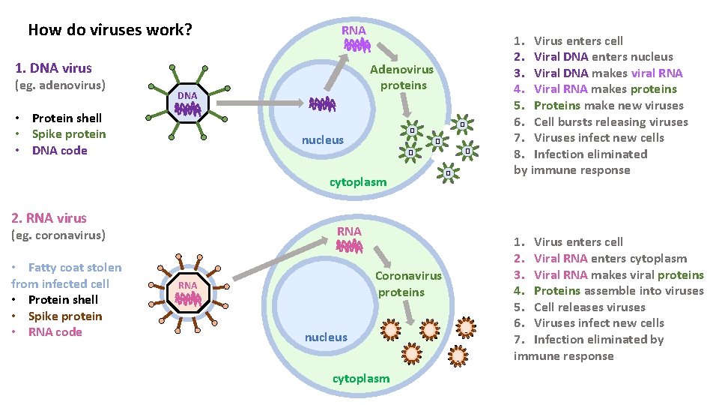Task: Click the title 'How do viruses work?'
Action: coord(110,31)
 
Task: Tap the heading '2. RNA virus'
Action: coord(49,218)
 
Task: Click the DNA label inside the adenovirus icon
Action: coord(187,95)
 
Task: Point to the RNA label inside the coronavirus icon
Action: coord(187,285)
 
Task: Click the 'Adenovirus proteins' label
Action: coord(402,77)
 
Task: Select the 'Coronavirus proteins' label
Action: coord(408,283)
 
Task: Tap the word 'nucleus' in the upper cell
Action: coord(322,140)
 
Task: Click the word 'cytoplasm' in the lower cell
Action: coord(360,379)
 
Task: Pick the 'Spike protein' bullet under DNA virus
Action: coord(69,134)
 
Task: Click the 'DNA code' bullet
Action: coord(59,151)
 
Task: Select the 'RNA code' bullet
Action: coord(55,332)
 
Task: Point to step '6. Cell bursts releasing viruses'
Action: coord(601,121)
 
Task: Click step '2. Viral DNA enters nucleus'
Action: coord(593,57)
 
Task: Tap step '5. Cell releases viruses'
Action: coord(579,307)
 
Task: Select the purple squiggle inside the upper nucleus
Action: coord(323,104)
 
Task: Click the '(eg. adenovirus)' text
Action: coord(60,85)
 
